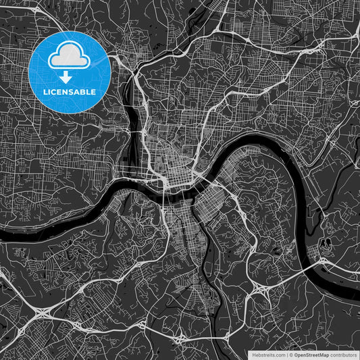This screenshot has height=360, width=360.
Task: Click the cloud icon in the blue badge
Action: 69,56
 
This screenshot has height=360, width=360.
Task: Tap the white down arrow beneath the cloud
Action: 69,76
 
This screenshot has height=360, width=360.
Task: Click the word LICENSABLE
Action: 69,91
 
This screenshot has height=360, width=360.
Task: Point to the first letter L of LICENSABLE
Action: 44,91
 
